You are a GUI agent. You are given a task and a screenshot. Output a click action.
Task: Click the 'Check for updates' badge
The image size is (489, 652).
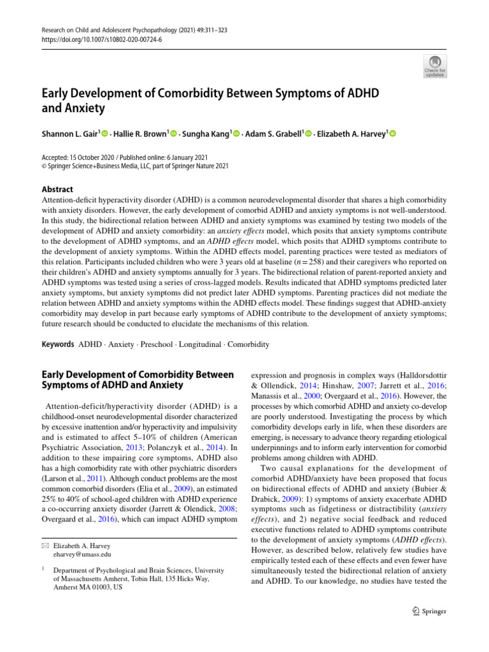[x=435, y=66]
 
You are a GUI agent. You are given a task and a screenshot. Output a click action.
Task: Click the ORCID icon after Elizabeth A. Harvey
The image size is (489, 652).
[x=392, y=134]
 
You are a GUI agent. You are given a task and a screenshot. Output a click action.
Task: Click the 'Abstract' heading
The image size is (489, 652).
[x=57, y=189]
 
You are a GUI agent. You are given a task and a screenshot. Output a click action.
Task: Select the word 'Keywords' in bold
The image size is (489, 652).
[x=57, y=344]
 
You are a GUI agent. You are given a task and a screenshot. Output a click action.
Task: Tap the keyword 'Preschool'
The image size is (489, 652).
[x=157, y=344]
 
